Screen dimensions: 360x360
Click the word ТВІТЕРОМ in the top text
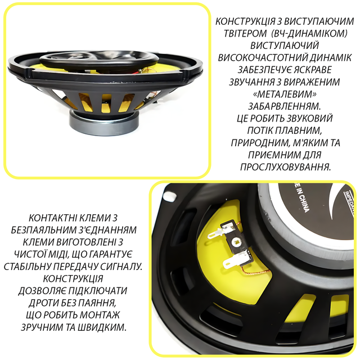(245, 34)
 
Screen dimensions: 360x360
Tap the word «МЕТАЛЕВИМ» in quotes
(284, 94)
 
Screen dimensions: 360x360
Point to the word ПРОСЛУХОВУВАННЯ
(285, 167)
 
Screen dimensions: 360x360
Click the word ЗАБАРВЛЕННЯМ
(284, 106)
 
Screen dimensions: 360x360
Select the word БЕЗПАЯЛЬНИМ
(42, 230)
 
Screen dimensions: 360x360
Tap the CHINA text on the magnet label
(304, 204)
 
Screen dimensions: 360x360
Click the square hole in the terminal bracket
(236, 241)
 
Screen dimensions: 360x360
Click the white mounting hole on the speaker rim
(170, 196)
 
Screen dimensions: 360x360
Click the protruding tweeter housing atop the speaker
(99, 60)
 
